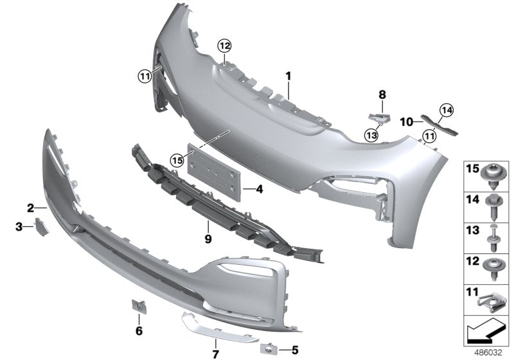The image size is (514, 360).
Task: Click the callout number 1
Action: [288, 76]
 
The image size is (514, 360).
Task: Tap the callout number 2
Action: [30, 207]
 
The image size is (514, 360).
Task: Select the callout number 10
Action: [406, 121]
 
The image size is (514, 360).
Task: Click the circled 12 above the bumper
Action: [223, 46]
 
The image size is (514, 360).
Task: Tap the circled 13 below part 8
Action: [371, 134]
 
